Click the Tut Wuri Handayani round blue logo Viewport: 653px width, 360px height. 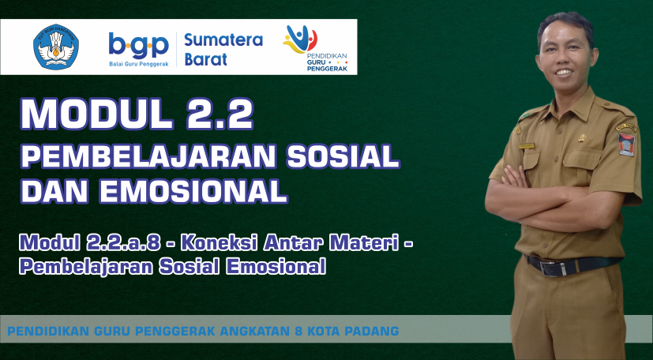[56, 47]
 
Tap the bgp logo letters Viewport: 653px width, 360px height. [139, 45]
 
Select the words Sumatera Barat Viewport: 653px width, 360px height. [223, 50]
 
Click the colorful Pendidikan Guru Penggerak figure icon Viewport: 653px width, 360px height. [300, 39]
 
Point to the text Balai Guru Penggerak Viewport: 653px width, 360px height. [139, 64]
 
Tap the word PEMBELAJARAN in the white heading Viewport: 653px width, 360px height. [148, 156]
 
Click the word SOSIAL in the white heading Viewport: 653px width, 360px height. [343, 156]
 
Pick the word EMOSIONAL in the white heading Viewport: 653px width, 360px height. [193, 191]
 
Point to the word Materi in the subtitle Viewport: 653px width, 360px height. [362, 243]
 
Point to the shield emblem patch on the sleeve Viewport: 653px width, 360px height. [626, 144]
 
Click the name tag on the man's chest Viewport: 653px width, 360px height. [527, 146]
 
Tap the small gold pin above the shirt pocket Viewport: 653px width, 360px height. [582, 137]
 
